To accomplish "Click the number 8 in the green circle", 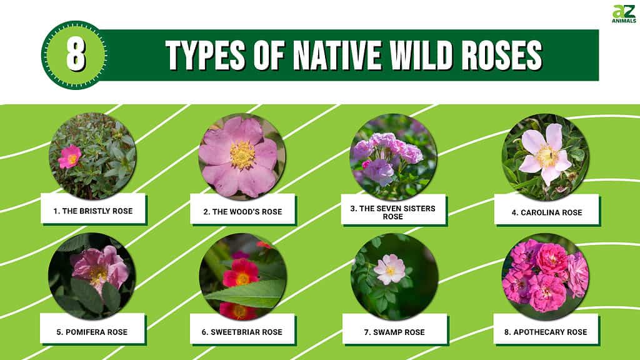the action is pos(76,55).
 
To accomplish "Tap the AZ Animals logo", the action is pos(624,14).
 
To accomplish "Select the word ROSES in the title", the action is pos(502,55).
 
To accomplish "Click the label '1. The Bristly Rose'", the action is pos(93,211).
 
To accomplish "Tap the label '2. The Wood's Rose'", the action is pos(243,211).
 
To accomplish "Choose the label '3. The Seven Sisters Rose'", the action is pos(392,212).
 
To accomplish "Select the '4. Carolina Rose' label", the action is pos(547,212).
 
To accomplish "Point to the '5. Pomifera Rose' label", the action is pos(92,332).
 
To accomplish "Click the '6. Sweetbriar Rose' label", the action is pos(242,332).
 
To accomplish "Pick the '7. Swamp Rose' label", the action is pos(394,332).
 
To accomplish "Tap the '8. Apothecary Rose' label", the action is pos(546,332).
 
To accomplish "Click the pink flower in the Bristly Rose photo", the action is pos(70,157).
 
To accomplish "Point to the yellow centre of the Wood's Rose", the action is pos(242,155).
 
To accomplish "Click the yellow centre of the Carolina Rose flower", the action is pos(546,156).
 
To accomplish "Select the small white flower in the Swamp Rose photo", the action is pos(390,269).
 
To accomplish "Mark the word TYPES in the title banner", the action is pos(205,55).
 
